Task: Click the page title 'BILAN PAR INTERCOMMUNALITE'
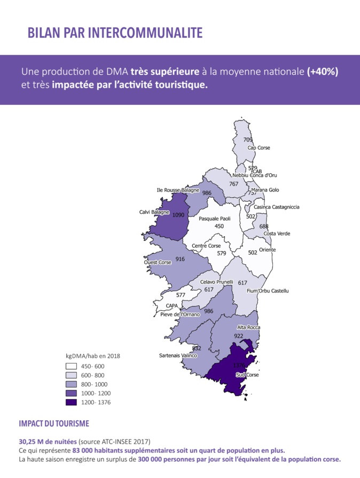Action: click(115, 33)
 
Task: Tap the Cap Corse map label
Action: click(259, 148)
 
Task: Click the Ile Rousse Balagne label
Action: click(178, 190)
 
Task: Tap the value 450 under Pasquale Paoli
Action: click(219, 226)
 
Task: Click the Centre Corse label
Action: click(206, 246)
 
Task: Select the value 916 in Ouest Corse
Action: click(180, 259)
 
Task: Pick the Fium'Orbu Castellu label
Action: click(268, 291)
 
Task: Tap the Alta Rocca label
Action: click(247, 327)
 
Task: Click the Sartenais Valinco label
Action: click(178, 356)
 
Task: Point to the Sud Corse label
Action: click(247, 375)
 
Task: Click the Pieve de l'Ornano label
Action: click(180, 314)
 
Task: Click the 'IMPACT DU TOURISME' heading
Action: click(54, 423)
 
